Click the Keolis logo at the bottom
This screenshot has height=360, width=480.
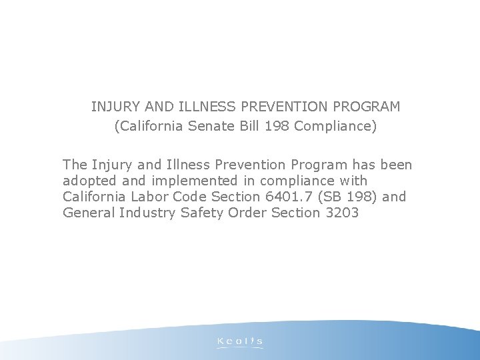pos(240,341)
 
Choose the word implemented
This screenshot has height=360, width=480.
pos(173,181)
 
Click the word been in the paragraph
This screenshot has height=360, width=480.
pos(397,164)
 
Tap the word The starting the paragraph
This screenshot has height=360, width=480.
pos(75,164)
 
